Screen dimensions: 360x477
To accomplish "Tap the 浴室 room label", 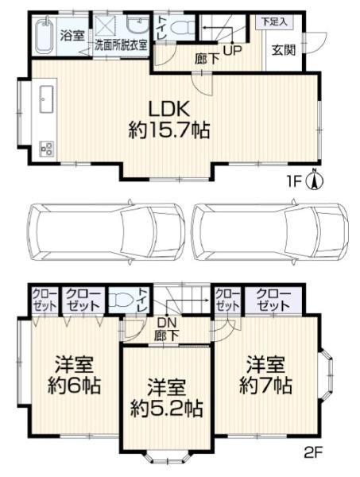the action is pyautogui.click(x=72, y=36).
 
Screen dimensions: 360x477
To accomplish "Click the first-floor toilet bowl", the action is pyautogui.click(x=182, y=28).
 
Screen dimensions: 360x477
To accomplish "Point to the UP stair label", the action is pyautogui.click(x=233, y=49).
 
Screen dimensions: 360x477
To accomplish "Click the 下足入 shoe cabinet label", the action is pyautogui.click(x=273, y=22).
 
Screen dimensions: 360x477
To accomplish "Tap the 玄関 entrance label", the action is pyautogui.click(x=284, y=51).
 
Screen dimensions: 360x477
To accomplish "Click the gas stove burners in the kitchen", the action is pyautogui.click(x=47, y=149).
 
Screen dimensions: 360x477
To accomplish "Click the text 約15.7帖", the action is pyautogui.click(x=169, y=130).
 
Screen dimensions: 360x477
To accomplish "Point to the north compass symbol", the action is pyautogui.click(x=316, y=180).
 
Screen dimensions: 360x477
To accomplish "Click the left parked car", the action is pyautogui.click(x=106, y=231).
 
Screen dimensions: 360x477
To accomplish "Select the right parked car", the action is pyautogui.click(x=271, y=231).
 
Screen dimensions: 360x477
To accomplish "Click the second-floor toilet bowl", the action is pyautogui.click(x=122, y=300).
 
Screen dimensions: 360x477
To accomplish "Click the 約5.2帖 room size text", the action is pyautogui.click(x=167, y=409).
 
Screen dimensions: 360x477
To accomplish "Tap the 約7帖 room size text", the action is pyautogui.click(x=265, y=386).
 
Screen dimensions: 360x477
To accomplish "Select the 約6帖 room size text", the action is pyautogui.click(x=74, y=386).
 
